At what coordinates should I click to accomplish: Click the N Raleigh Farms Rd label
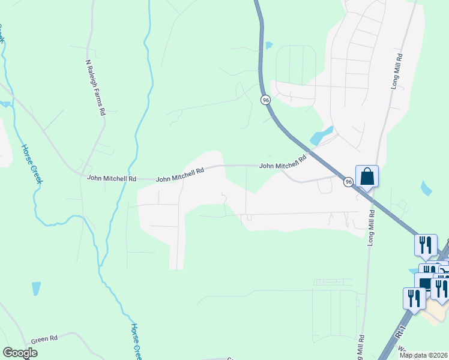coord(96,87)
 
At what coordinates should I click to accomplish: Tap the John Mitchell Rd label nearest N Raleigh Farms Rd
coord(112,179)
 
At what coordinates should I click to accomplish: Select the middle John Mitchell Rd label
coord(180,175)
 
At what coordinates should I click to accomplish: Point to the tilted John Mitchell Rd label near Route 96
coord(283,162)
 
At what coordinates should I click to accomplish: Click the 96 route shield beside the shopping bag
coord(348,181)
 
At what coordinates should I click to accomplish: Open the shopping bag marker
coord(367,176)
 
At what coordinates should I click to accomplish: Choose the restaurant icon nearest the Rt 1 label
coord(414,298)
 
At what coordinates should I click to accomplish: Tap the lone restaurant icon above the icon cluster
coord(425,244)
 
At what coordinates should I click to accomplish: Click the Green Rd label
coord(44,339)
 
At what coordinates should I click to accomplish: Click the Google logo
coord(20,353)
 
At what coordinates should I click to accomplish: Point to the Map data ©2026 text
coord(423,355)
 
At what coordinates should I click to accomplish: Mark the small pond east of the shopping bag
coord(426,188)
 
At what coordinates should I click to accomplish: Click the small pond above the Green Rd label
coord(36,289)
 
